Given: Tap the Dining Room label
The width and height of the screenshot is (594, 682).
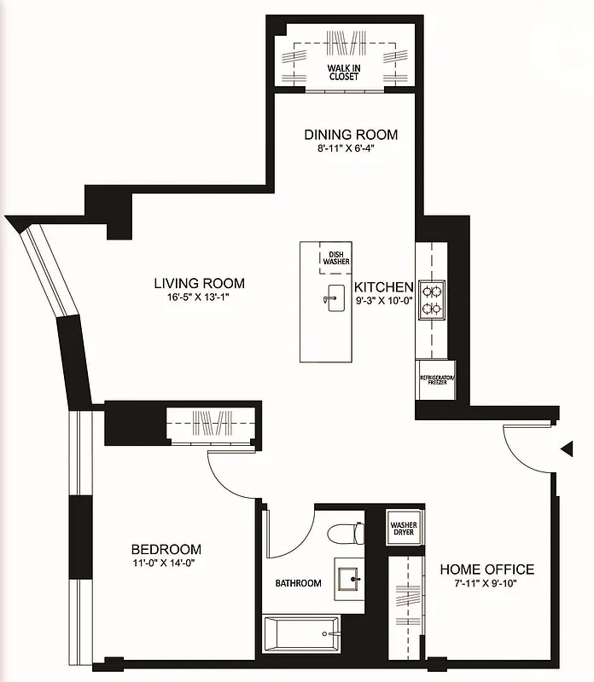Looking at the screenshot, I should coord(351,135).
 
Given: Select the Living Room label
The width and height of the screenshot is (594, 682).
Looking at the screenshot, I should coord(199,284).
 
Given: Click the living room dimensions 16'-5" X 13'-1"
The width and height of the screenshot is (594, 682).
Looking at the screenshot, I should coord(199,298).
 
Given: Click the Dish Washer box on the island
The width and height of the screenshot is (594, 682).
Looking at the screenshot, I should coord(335,257).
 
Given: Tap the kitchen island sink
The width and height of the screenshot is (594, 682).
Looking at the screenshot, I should coord(331,299).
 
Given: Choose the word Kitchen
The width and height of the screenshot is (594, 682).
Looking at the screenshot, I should coord(384,287).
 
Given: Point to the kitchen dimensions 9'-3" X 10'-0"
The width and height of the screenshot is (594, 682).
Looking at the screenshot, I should coord(384,302).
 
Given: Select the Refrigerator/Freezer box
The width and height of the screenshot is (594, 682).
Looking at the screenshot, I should coord(437,380).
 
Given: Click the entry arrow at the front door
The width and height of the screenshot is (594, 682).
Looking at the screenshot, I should coord(565,448).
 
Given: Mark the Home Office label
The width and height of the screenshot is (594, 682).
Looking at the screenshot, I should coord(486,569).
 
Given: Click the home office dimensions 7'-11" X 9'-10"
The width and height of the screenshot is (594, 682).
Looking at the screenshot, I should coord(486,584).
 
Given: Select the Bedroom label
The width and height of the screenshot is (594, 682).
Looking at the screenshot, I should coord(166,549).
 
